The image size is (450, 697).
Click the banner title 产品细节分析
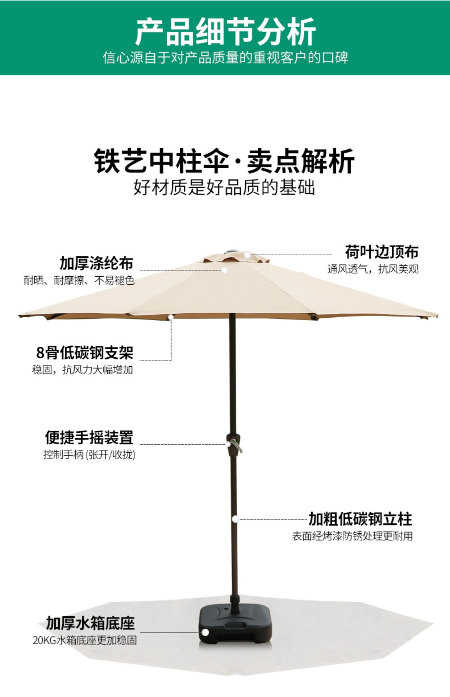point(225,32)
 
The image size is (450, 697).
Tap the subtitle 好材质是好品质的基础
point(224,188)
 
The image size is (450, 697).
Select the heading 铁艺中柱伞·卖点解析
point(224,161)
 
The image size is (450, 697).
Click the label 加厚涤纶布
point(97,263)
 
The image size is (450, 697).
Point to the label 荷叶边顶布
point(381,252)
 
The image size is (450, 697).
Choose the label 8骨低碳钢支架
point(85,352)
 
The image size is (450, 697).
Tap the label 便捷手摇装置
point(89,437)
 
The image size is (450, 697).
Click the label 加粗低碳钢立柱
point(360,519)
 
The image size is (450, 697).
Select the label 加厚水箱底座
point(90,623)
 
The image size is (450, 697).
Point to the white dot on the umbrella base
point(205,632)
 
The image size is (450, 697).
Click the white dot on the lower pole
point(235,519)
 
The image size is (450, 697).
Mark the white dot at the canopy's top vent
point(247,255)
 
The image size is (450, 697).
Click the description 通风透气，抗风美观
point(373,269)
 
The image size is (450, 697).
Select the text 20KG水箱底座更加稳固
point(85,640)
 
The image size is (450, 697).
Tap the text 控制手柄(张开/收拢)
point(89,455)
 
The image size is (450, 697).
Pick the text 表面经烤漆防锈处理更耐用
point(352,536)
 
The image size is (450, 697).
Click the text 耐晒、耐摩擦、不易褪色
point(79,280)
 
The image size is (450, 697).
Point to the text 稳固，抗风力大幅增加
point(82,370)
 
